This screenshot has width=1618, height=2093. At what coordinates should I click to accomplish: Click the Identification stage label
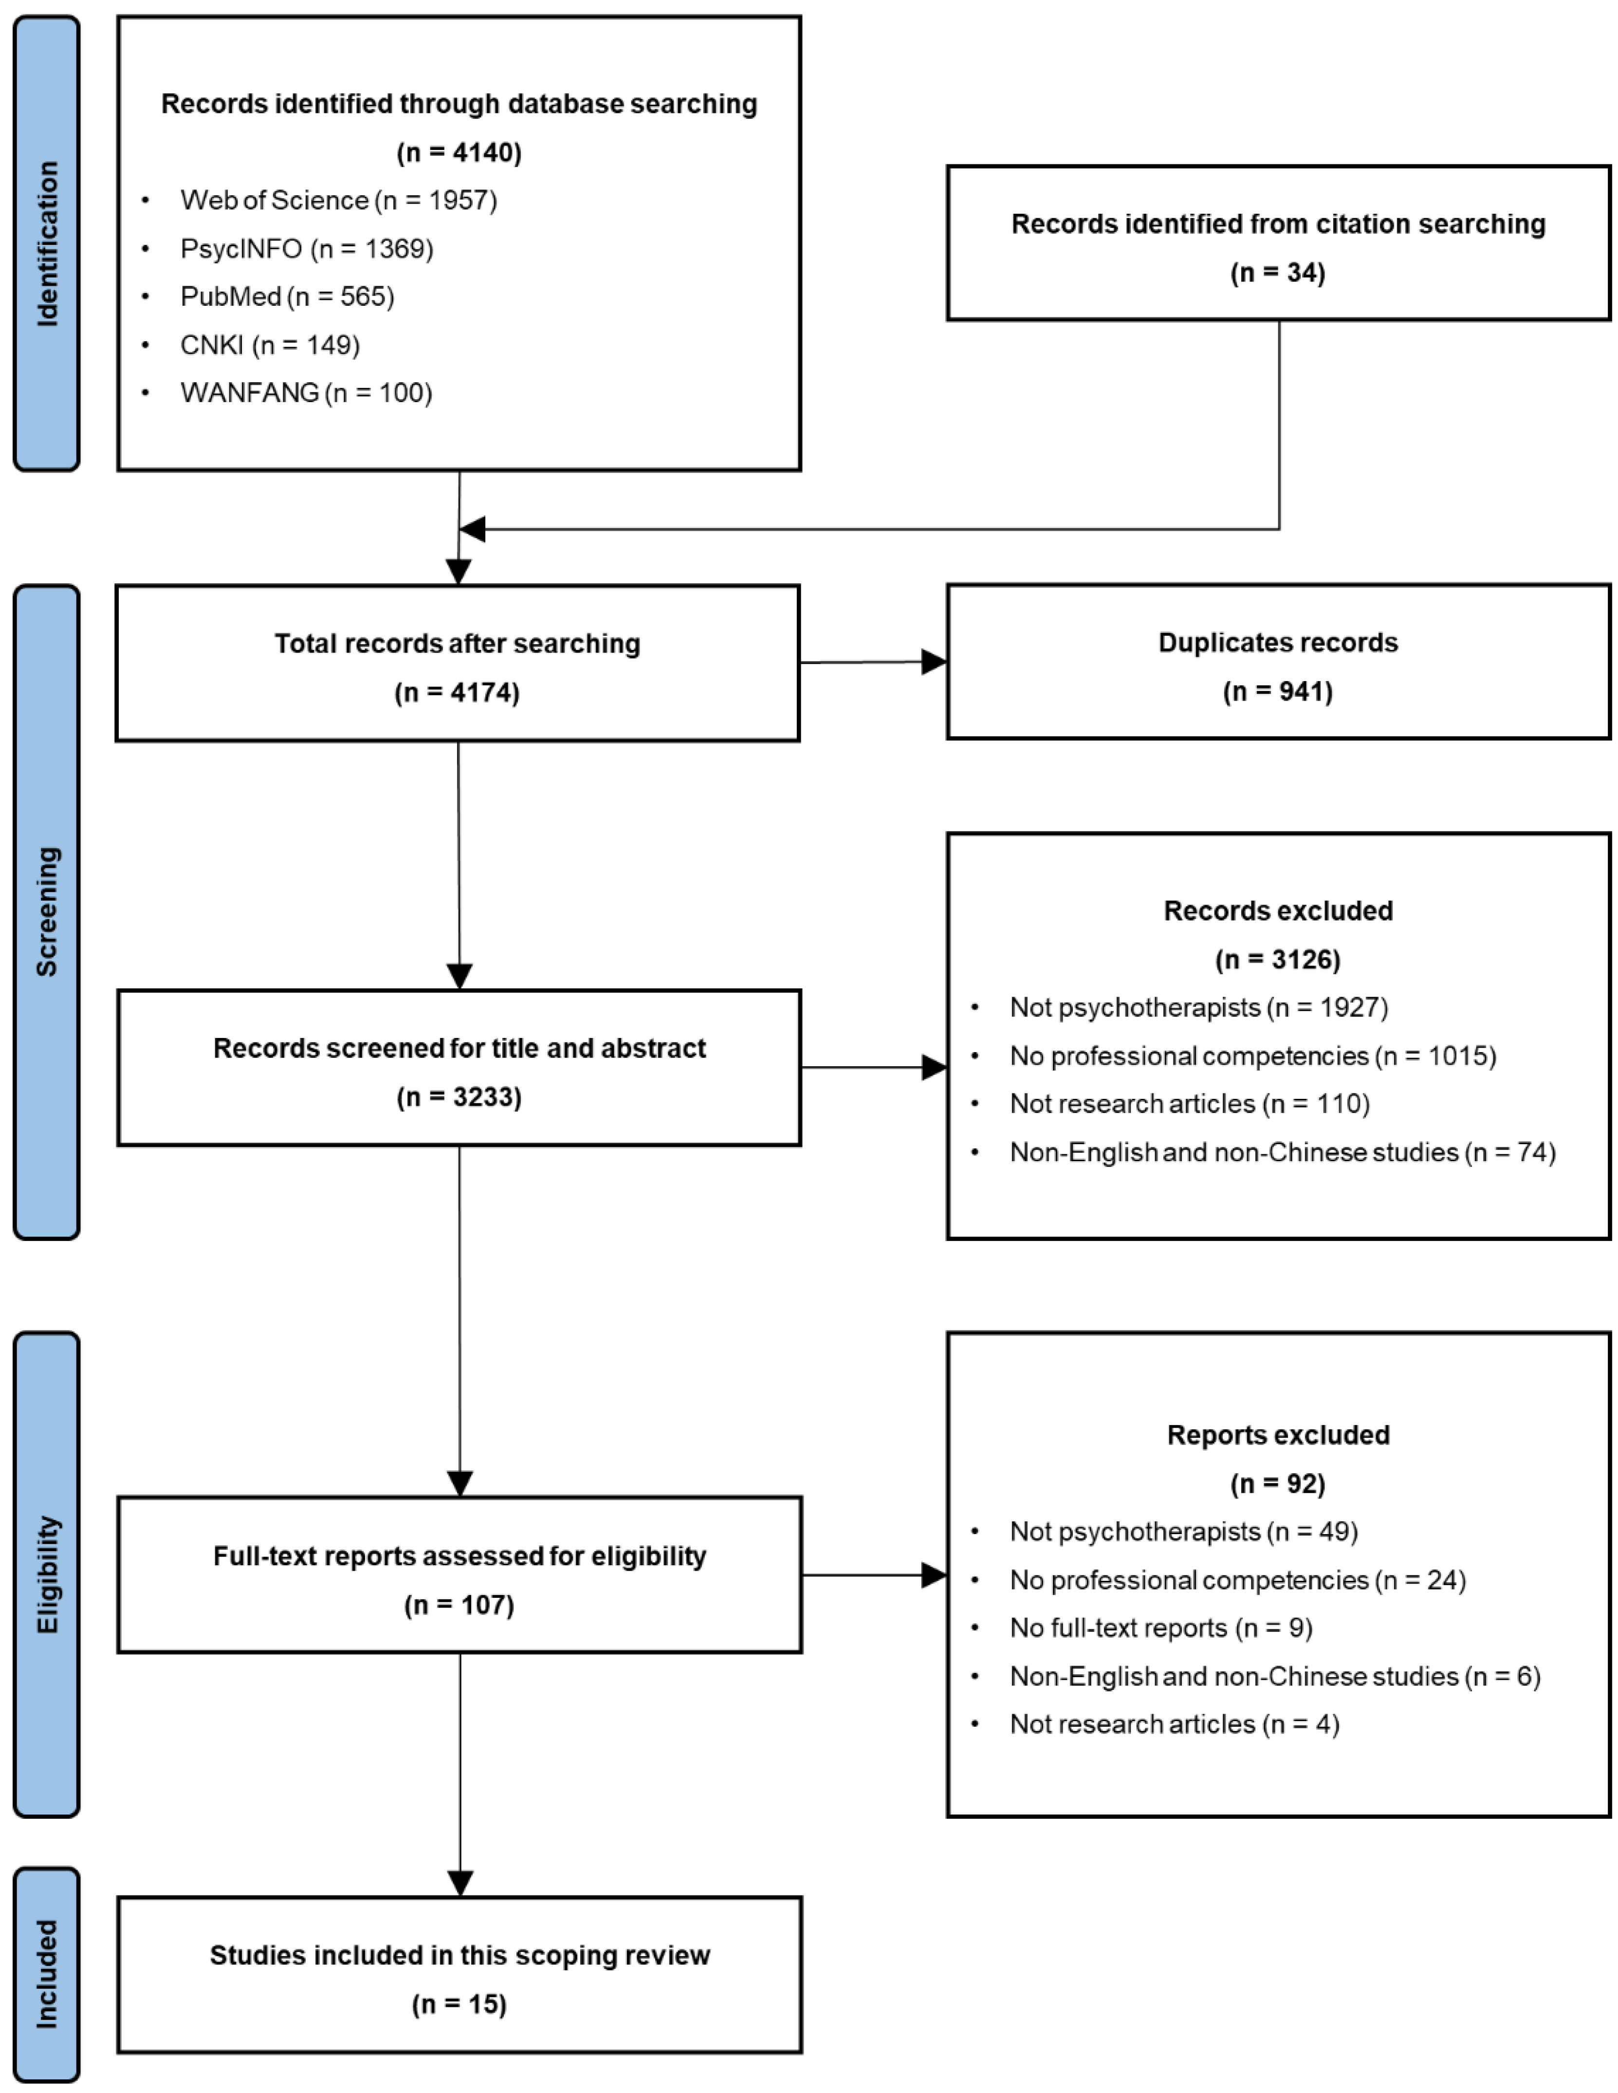click(x=46, y=243)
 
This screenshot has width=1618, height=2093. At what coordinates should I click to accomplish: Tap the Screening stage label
click(x=46, y=911)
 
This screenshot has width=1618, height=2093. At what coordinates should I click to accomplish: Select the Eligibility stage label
click(x=46, y=1574)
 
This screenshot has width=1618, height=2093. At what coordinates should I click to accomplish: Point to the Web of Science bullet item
click(x=338, y=200)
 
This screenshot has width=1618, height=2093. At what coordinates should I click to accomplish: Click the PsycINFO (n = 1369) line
click(x=307, y=249)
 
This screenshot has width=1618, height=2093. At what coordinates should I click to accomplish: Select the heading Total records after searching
click(x=458, y=644)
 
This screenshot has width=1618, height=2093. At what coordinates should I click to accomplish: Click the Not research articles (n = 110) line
click(x=1189, y=1104)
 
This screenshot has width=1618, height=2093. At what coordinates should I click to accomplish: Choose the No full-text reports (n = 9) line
click(x=1160, y=1628)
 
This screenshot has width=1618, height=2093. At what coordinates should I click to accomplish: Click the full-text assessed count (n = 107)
click(x=459, y=1605)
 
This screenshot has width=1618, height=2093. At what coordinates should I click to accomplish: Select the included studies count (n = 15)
click(x=459, y=2005)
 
